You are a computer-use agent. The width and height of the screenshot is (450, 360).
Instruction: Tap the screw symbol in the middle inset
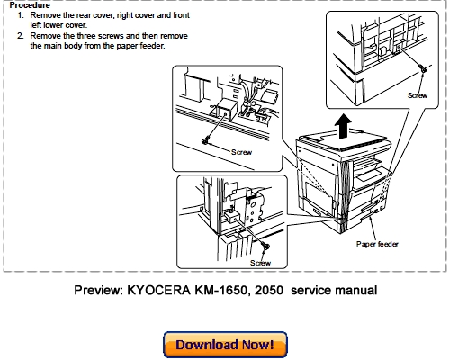206,139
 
